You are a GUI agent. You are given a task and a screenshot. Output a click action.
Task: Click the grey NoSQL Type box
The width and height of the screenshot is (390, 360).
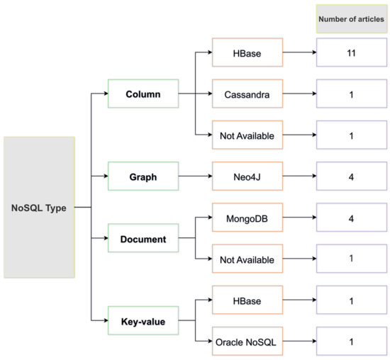[x=38, y=207]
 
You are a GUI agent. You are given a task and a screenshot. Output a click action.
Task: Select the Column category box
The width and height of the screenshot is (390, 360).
[x=142, y=94]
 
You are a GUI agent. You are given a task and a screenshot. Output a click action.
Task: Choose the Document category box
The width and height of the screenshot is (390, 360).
[x=142, y=239]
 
